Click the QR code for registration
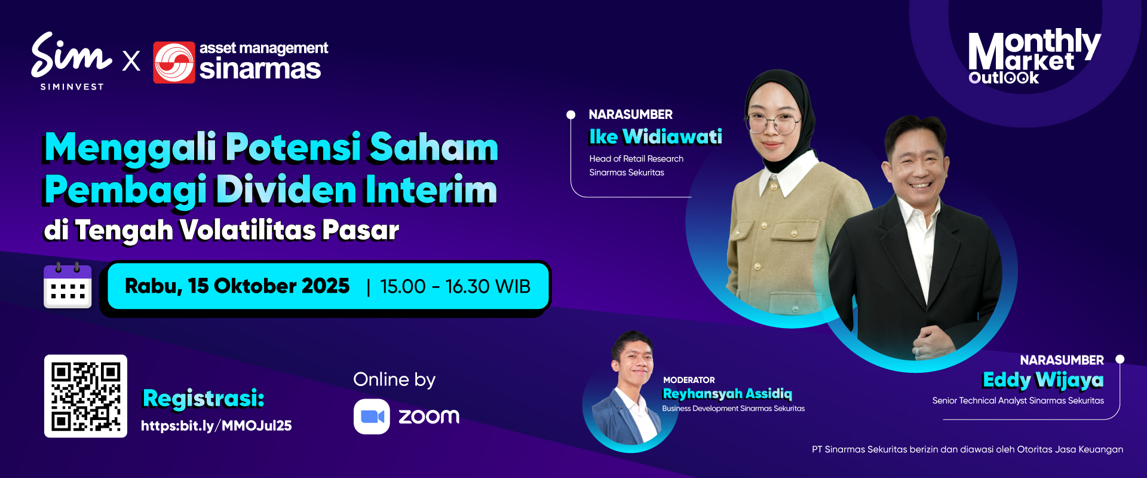pos(85,396)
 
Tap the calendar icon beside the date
pos(68,285)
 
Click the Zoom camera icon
pos(372,416)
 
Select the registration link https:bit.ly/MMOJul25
pos(216,425)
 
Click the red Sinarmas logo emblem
pos(174,62)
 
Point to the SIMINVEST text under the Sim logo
pos(72,87)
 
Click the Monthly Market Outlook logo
pos(1034,56)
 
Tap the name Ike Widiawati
pos(655,137)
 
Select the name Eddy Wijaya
pos(1043,380)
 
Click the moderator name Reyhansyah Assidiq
pos(727,394)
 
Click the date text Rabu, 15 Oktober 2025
pos(237,286)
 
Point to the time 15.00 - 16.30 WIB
pos(455,287)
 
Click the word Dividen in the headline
pos(286,190)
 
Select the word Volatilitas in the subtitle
pos(247,230)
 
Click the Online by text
pos(394,380)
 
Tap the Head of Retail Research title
pos(636,159)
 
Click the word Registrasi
pos(203,398)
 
